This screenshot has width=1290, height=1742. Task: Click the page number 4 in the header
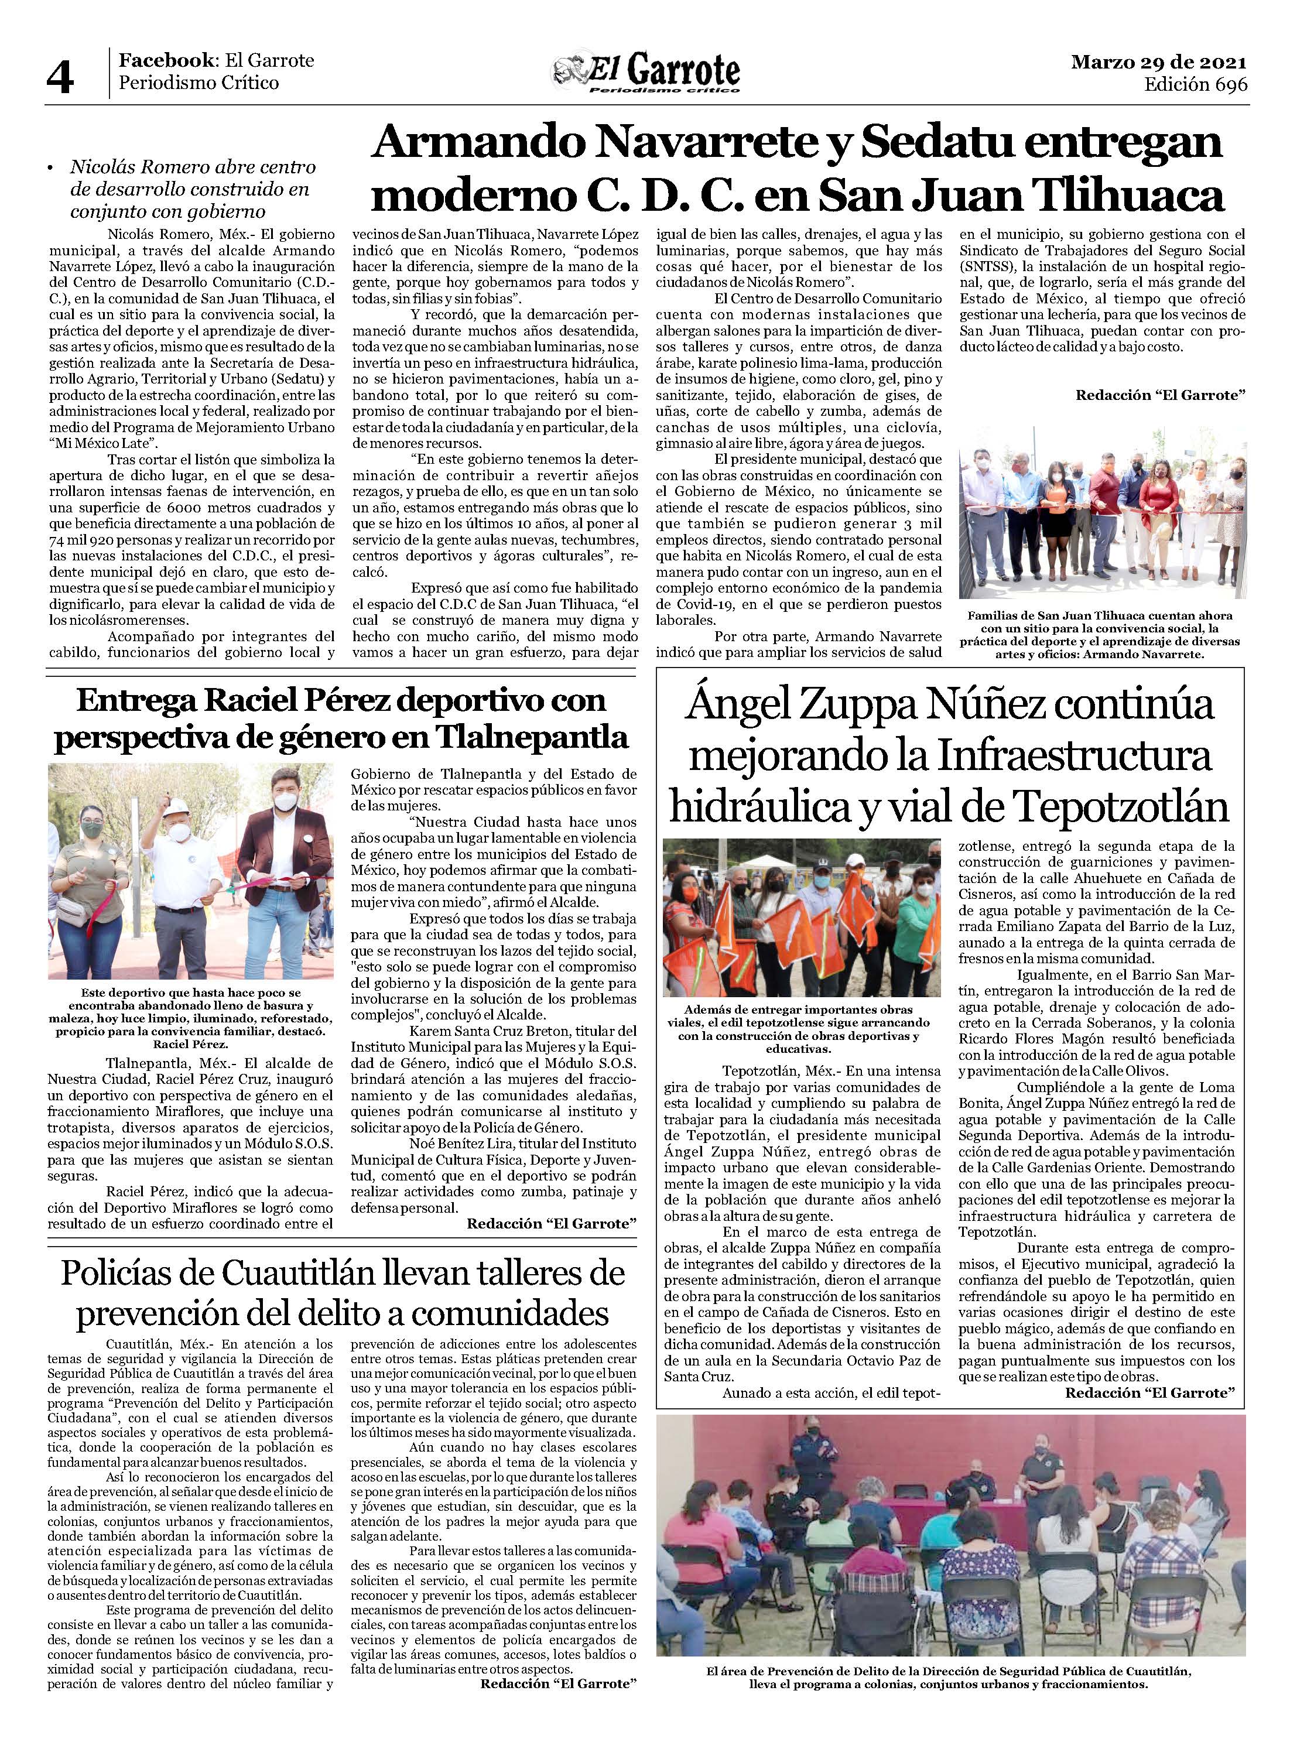(61, 76)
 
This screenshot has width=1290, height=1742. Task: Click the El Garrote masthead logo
(645, 74)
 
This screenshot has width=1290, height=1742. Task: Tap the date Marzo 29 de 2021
(1158, 61)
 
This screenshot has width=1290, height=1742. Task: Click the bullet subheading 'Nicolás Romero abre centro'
(191, 189)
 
